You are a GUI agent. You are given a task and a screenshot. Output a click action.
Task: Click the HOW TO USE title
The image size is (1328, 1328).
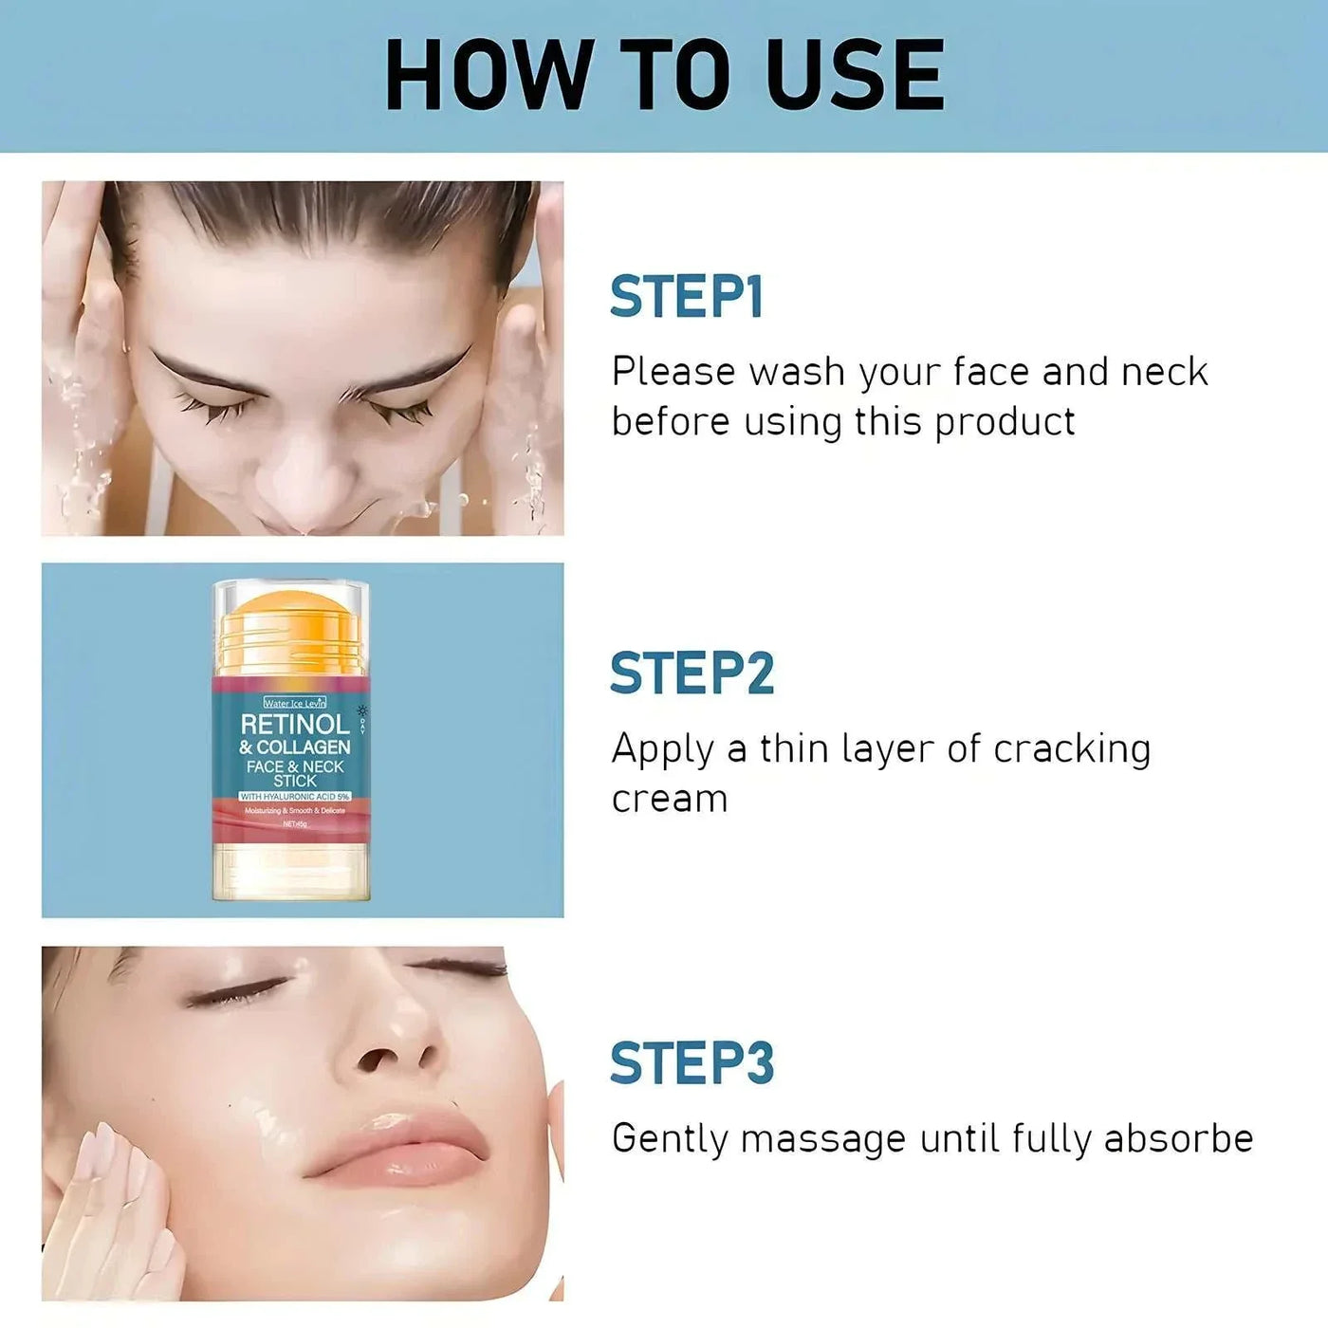pyautogui.click(x=664, y=76)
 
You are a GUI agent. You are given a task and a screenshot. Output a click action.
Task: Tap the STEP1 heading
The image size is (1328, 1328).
pyautogui.click(x=686, y=297)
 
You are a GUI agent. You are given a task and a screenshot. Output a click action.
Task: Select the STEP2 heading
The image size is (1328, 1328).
pyautogui.click(x=692, y=673)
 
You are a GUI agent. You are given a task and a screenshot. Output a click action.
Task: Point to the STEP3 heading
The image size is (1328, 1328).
pyautogui.click(x=692, y=1062)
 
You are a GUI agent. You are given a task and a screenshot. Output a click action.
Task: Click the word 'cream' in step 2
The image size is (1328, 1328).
pyautogui.click(x=670, y=799)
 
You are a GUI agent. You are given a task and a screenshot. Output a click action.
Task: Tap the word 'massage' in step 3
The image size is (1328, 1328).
pyautogui.click(x=822, y=1139)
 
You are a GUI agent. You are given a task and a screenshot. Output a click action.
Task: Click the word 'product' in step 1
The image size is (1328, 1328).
pyautogui.click(x=1005, y=422)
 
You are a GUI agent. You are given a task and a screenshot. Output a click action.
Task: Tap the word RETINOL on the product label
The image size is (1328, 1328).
pyautogui.click(x=295, y=725)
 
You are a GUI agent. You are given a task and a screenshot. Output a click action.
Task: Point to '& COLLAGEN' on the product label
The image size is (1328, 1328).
pyautogui.click(x=295, y=747)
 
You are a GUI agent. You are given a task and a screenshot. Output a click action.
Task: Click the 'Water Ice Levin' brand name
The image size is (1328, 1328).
pyautogui.click(x=294, y=703)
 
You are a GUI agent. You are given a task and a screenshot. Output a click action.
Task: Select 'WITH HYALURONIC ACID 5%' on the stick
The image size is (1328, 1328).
pyautogui.click(x=295, y=796)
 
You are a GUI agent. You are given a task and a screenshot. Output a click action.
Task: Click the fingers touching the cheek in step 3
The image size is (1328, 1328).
pyautogui.click(x=114, y=1176)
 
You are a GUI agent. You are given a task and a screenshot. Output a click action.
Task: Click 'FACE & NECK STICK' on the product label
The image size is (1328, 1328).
pyautogui.click(x=295, y=773)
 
